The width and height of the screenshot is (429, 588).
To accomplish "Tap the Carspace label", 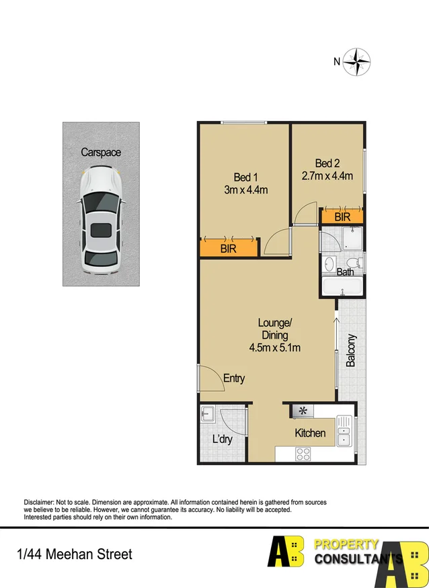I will pyautogui.click(x=101, y=153).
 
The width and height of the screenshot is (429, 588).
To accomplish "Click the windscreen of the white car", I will pyautogui.click(x=101, y=201).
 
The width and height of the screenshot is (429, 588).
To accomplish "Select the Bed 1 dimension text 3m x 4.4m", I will pyautogui.click(x=245, y=190).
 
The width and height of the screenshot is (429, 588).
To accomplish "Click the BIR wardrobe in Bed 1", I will pyautogui.click(x=229, y=248).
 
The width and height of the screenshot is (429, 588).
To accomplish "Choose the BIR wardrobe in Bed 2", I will pyautogui.click(x=342, y=216).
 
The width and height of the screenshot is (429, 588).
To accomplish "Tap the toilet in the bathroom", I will pyautogui.click(x=356, y=261).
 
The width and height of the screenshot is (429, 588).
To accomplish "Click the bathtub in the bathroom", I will pyautogui.click(x=343, y=287).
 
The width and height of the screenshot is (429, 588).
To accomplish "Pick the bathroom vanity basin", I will pyautogui.click(x=328, y=264).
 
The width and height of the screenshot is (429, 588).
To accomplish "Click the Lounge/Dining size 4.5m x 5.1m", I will pyautogui.click(x=274, y=347).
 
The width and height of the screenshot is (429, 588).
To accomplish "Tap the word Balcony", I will pyautogui.click(x=351, y=350).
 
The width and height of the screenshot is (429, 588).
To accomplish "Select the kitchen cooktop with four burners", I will pyautogui.click(x=303, y=454).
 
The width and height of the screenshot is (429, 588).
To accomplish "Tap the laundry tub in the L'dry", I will pyautogui.click(x=208, y=414).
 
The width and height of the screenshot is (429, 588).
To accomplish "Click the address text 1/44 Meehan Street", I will pyautogui.click(x=75, y=554).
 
